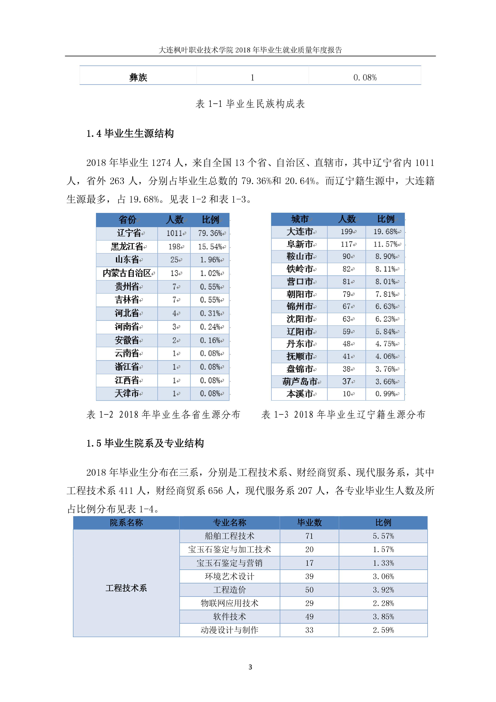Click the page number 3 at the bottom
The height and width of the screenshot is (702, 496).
[250, 667]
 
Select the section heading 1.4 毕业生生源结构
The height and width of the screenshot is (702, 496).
[130, 134]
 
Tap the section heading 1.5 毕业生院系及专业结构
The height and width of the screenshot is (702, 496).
[145, 443]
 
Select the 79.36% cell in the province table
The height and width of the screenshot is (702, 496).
[210, 233]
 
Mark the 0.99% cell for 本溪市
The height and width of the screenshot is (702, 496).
[385, 394]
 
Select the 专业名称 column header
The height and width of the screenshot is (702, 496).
[229, 522]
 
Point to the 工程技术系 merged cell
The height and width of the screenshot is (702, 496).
[126, 588]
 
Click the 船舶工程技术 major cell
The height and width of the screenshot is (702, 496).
[229, 536]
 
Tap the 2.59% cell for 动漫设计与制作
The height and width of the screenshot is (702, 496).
[383, 630]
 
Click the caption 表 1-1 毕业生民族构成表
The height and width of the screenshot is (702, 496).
[250, 104]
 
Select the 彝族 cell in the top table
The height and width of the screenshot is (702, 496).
[138, 77]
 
